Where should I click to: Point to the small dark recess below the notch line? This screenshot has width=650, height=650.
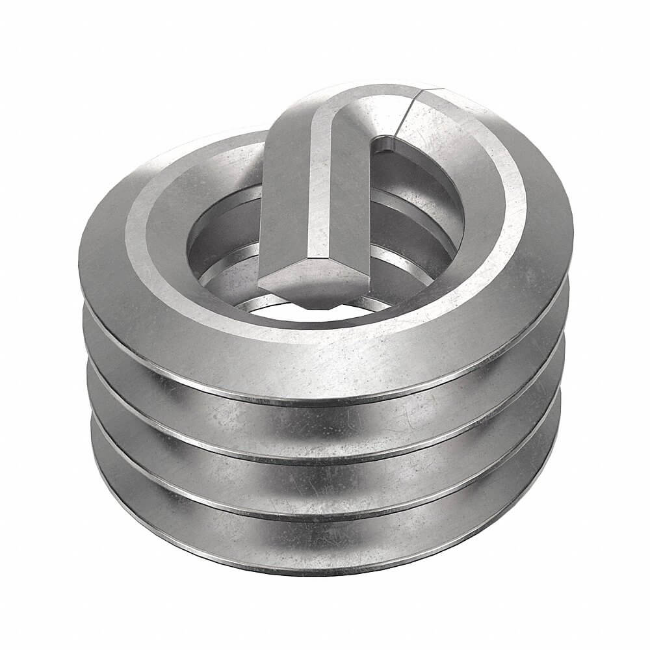(386, 143)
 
